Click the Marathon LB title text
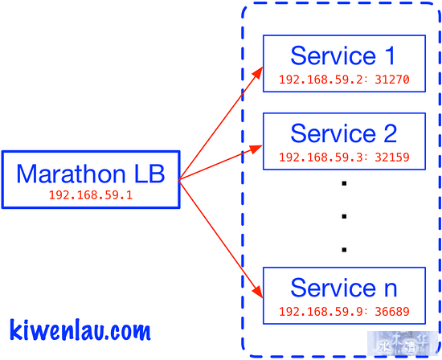click(x=91, y=174)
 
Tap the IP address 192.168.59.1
click(x=91, y=195)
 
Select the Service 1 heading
click(x=343, y=55)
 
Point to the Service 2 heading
click(x=344, y=133)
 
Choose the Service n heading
click(x=344, y=288)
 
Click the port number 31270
click(x=392, y=80)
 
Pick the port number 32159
click(x=392, y=157)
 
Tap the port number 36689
click(x=392, y=312)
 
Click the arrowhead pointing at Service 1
click(x=257, y=73)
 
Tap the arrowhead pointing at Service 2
click(x=256, y=149)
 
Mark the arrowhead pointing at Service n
click(x=257, y=292)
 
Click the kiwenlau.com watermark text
click(x=80, y=329)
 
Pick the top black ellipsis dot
click(x=344, y=183)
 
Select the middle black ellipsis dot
click(x=344, y=216)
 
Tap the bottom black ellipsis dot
click(x=344, y=249)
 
